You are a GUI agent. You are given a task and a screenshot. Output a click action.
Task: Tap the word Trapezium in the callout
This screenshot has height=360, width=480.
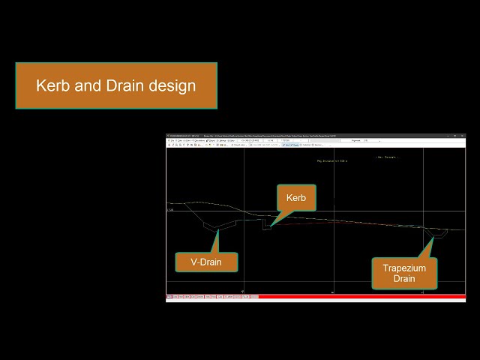coord(404,267)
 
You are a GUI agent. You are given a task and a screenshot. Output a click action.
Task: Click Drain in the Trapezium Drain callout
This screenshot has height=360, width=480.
coord(404,279)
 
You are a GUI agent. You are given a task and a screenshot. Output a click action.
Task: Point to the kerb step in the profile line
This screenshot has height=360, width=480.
coord(266,224)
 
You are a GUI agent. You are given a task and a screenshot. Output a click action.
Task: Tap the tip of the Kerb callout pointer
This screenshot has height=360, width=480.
coord(271,226)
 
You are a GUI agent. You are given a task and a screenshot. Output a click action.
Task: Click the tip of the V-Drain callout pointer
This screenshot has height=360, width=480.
coord(217,229)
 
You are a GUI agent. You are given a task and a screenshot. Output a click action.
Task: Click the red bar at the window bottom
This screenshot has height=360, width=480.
coord(360,297)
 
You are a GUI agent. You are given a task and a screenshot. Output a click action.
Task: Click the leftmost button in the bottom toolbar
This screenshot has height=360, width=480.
coord(169,297)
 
